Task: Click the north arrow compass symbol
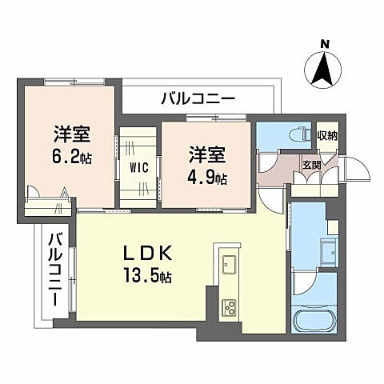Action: coord(324,67)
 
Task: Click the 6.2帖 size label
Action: coord(73,157)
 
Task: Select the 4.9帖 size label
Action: coord(208,176)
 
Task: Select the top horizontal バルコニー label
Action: coord(197,99)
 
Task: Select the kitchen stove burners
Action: coord(229,306)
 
